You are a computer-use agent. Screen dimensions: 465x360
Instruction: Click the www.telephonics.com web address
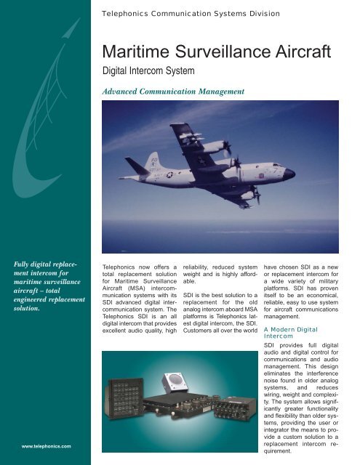tap(41, 445)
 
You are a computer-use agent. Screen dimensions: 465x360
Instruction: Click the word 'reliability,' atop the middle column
tap(201, 267)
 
